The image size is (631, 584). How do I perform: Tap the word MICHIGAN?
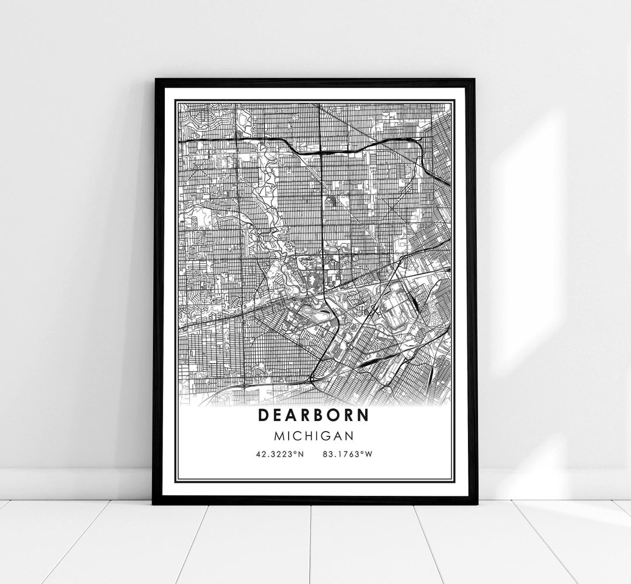point(315,435)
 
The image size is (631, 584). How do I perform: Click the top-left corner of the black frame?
point(155,79)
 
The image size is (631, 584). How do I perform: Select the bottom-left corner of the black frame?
point(154,503)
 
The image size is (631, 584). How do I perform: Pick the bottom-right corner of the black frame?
point(477,503)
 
